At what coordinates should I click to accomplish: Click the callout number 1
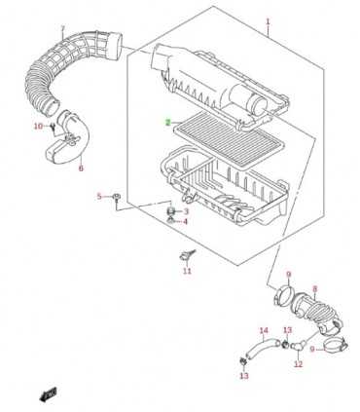pyautogui.click(x=268, y=22)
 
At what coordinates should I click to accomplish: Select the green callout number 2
pyautogui.click(x=167, y=123)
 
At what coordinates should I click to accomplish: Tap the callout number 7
pyautogui.click(x=63, y=27)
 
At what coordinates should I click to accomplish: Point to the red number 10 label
pyautogui.click(x=39, y=126)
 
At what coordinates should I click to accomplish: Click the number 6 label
pyautogui.click(x=81, y=169)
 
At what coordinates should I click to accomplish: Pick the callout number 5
pyautogui.click(x=99, y=197)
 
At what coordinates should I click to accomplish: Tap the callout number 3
pyautogui.click(x=186, y=211)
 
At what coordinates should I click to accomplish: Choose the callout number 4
pyautogui.click(x=186, y=222)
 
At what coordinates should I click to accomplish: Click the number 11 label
pyautogui.click(x=187, y=271)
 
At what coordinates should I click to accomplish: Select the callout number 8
pyautogui.click(x=315, y=288)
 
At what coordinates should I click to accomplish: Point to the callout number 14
pyautogui.click(x=264, y=330)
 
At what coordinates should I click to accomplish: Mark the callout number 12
pyautogui.click(x=298, y=364)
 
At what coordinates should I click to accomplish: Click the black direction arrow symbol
pyautogui.click(x=48, y=393)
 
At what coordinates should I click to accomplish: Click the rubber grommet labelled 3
pyautogui.click(x=171, y=211)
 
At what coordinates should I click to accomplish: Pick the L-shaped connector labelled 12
pyautogui.click(x=298, y=345)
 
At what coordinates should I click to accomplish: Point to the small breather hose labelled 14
pyautogui.click(x=262, y=348)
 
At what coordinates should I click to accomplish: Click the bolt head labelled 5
pyautogui.click(x=116, y=197)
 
